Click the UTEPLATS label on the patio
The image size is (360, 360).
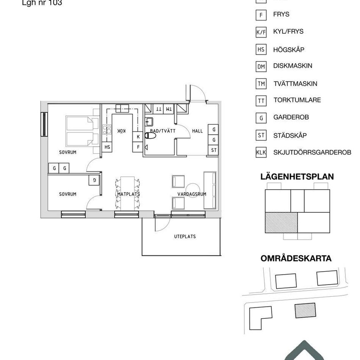[x=185, y=237]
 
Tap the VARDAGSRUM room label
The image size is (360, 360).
[x=186, y=194]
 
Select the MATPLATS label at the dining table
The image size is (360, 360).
[x=128, y=194]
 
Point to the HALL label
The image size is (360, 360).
[x=197, y=131]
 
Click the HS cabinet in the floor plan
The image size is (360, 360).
[x=107, y=147]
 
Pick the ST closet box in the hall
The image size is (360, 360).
[x=213, y=150]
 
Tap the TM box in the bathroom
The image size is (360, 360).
[x=169, y=109]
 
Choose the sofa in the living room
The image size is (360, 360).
[x=210, y=190]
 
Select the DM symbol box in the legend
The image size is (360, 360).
[x=261, y=66]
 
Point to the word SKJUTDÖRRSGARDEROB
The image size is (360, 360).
[x=312, y=152]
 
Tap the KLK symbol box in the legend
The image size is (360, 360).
[x=261, y=153]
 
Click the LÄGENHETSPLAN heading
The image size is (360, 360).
[x=297, y=177]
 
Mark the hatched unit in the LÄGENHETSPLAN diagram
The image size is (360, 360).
[x=281, y=222]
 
